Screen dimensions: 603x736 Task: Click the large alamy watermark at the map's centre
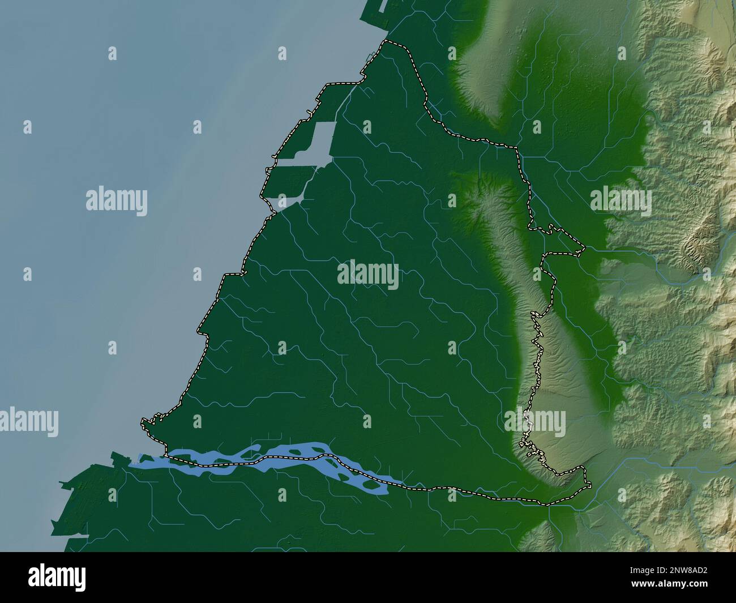pyautogui.click(x=368, y=275)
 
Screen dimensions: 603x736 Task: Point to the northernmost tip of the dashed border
pyautogui.click(x=387, y=41)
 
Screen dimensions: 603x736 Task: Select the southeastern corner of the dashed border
pyautogui.click(x=589, y=485)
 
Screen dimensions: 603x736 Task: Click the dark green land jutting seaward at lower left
pyautogui.click(x=74, y=498)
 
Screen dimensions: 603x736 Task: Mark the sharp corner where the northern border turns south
pyautogui.click(x=517, y=148)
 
